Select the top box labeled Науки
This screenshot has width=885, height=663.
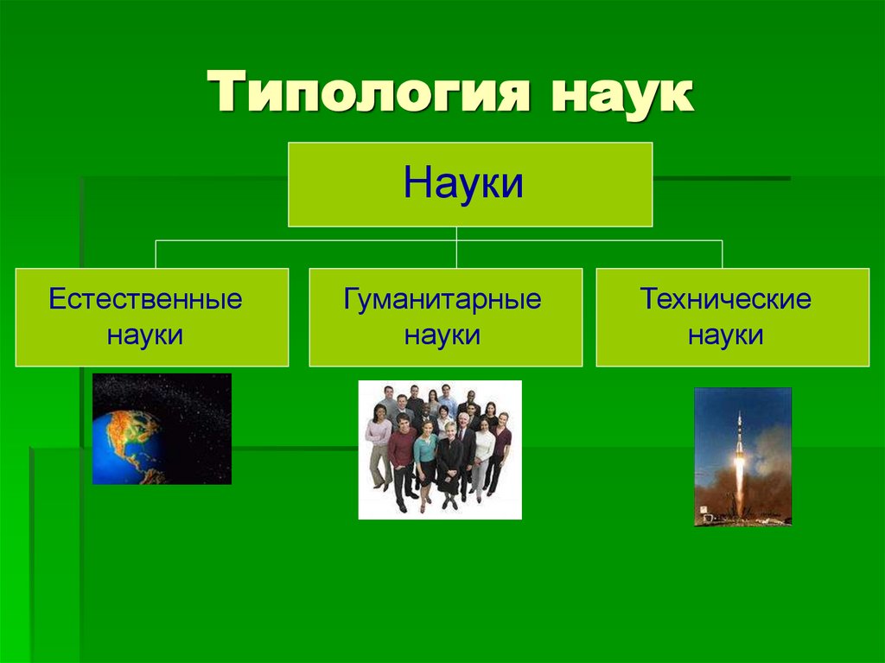(469, 184)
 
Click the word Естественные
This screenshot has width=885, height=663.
(145, 299)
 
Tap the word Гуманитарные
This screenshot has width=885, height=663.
(442, 299)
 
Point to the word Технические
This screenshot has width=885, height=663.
(725, 299)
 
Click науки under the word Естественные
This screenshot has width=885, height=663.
(145, 335)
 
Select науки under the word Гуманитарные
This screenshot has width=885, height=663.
(442, 335)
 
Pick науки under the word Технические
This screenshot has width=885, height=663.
(725, 335)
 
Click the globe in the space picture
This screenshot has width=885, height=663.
(128, 444)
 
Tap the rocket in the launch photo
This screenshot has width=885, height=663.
(739, 432)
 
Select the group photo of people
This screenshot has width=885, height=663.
(440, 449)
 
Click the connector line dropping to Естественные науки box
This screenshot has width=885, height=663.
(156, 254)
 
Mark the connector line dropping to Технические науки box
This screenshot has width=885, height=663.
(722, 254)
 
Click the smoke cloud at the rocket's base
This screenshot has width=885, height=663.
(717, 501)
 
